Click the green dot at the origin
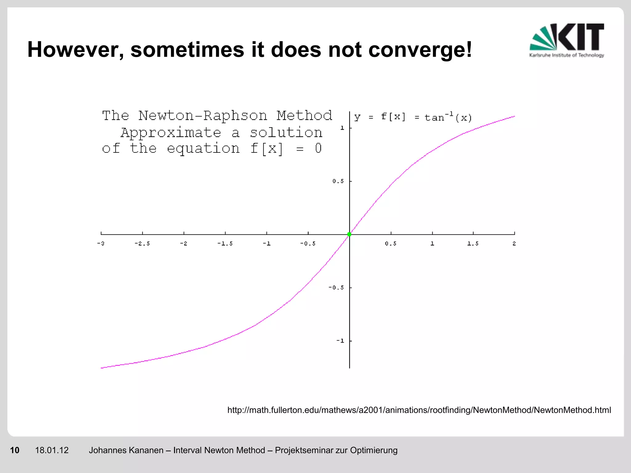coord(349,234)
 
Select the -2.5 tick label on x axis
coord(142,244)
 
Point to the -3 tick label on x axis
coord(101,244)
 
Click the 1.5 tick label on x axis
coord(473,244)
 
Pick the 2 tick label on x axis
coord(514,244)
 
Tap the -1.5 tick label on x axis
coord(225,244)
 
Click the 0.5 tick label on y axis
coord(338,181)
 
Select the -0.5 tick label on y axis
coord(336,288)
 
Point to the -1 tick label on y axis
coord(340,341)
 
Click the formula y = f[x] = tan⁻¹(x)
coord(413,117)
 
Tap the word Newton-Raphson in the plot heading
coord(203,116)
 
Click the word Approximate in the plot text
coord(171,133)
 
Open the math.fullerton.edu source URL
coord(419,410)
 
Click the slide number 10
coord(14,450)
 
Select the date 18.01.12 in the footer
coord(52,450)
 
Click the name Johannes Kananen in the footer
coord(126,450)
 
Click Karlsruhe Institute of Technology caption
coord(567,55)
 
